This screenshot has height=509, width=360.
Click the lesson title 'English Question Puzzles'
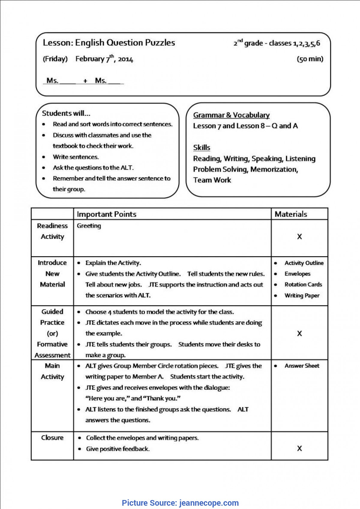point(125,43)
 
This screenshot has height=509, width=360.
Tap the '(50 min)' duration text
point(310,59)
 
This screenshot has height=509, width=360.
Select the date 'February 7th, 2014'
point(104,59)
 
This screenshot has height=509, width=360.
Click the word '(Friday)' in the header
point(55,59)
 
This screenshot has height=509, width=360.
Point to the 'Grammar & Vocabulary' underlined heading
point(231,115)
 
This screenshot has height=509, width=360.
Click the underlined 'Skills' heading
point(202,148)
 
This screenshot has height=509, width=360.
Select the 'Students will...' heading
point(66,113)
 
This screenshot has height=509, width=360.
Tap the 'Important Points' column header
point(106,214)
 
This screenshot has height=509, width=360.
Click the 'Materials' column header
point(291,214)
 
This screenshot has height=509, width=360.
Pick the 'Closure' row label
point(52,438)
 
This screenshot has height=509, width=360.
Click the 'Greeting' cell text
point(89,226)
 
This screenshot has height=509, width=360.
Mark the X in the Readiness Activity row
point(299,237)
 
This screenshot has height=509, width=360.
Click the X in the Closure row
point(299,448)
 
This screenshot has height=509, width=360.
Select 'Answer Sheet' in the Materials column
point(302,366)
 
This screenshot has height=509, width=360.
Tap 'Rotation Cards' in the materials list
point(303,284)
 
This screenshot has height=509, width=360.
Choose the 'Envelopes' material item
point(297,274)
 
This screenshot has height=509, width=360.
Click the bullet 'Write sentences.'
point(76,157)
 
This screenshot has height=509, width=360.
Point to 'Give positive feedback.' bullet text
point(118,449)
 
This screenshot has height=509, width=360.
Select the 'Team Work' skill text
point(212,180)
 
